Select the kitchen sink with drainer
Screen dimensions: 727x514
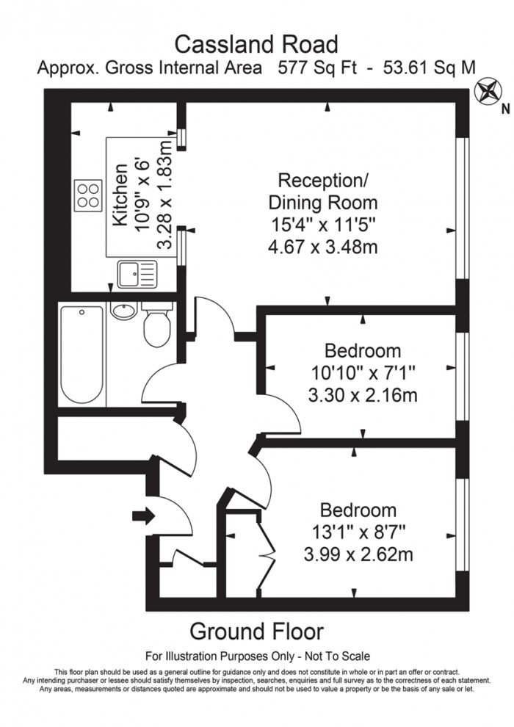137,275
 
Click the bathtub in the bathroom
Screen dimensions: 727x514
82,353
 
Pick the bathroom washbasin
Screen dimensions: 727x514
124,311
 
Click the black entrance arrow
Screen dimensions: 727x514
144,517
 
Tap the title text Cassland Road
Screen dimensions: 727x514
256,45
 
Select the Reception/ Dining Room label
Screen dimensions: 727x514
323,191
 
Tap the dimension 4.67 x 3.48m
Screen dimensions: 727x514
323,247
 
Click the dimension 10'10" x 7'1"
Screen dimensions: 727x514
363,373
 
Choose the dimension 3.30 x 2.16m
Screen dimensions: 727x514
363,397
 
